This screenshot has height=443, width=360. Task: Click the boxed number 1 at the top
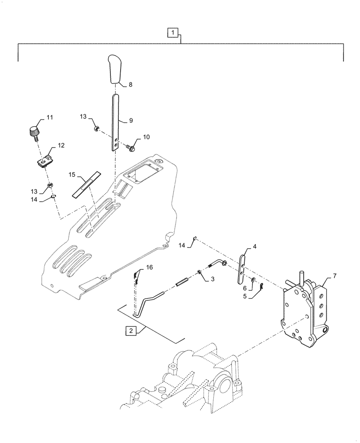(x=173, y=32)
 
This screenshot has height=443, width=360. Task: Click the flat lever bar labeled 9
(x=115, y=120)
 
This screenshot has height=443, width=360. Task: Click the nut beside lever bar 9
(x=97, y=129)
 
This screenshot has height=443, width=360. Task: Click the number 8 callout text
(x=130, y=84)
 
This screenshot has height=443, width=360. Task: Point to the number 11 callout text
(x=50, y=117)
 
